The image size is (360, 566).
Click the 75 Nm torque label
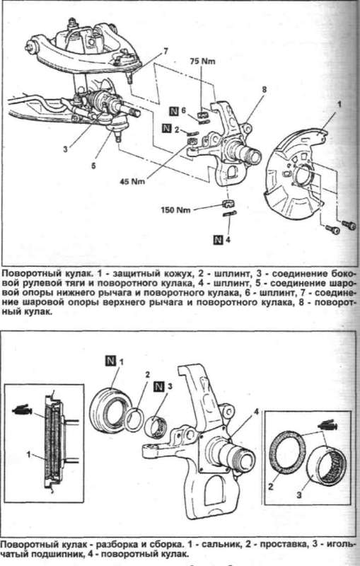click(202, 61)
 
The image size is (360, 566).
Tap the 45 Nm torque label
click(132, 181)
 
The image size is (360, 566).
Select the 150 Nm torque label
click(176, 209)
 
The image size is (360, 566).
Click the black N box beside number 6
click(174, 111)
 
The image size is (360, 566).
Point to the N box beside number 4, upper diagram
click(219, 239)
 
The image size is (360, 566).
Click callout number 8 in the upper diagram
click(264, 90)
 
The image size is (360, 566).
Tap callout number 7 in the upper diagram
click(166, 51)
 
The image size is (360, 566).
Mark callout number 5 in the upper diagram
click(93, 166)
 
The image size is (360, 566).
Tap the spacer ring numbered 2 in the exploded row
click(135, 420)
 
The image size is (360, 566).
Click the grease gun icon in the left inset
click(23, 410)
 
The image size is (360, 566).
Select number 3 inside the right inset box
click(299, 495)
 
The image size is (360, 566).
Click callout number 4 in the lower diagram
click(257, 411)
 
